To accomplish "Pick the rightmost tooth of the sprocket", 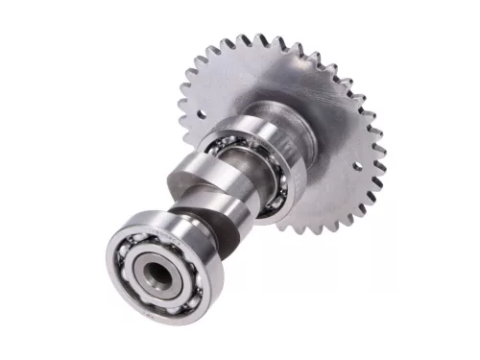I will tap(384, 155).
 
